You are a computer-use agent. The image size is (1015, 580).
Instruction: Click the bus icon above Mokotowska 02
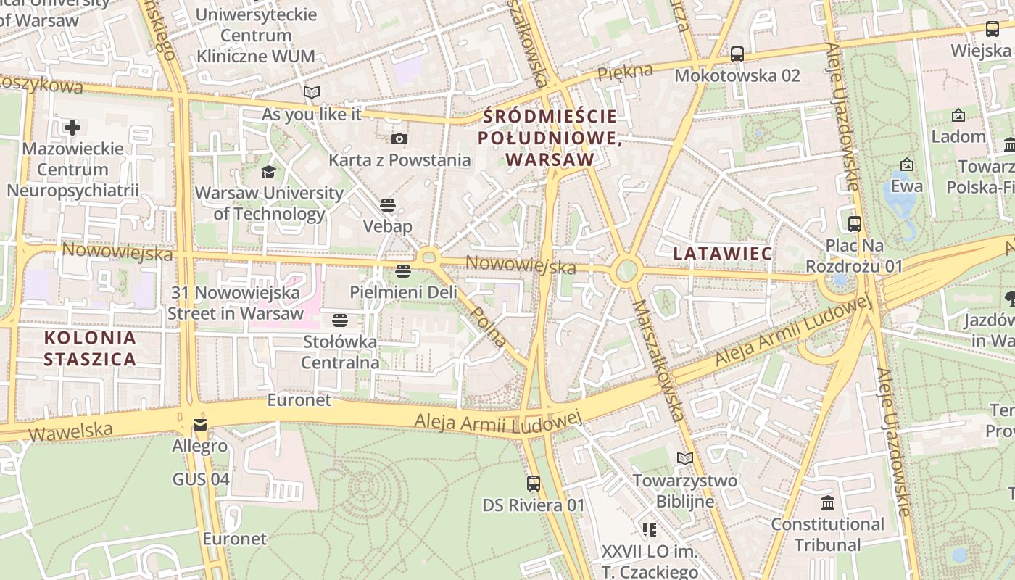click(737, 54)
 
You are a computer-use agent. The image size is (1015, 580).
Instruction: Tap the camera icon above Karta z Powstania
click(399, 138)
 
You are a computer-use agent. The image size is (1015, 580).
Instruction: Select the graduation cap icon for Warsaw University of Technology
click(269, 172)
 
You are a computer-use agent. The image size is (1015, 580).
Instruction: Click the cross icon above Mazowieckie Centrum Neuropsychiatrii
click(72, 128)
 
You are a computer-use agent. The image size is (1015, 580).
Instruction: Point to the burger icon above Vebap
click(388, 204)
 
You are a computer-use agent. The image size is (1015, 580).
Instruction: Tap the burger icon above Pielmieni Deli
click(403, 271)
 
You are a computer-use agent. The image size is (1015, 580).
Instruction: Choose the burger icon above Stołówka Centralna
click(340, 320)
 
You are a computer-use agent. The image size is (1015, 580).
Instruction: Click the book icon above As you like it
click(312, 93)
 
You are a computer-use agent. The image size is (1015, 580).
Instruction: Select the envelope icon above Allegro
click(199, 425)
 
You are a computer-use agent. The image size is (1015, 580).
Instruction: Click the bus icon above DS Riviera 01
click(534, 483)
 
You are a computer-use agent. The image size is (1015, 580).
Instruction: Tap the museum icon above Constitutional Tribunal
click(827, 502)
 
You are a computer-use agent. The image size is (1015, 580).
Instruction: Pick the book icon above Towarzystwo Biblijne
click(684, 458)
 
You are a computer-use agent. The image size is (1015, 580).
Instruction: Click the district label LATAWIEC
click(723, 254)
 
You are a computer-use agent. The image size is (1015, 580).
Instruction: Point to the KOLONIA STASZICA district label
click(90, 348)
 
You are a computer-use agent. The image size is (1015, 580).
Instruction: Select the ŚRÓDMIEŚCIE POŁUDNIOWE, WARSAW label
click(550, 138)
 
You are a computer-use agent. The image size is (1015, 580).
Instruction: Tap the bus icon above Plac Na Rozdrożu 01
click(855, 223)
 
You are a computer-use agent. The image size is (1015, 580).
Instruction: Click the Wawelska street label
click(71, 431)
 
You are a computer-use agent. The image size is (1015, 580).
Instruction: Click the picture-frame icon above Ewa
click(906, 165)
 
